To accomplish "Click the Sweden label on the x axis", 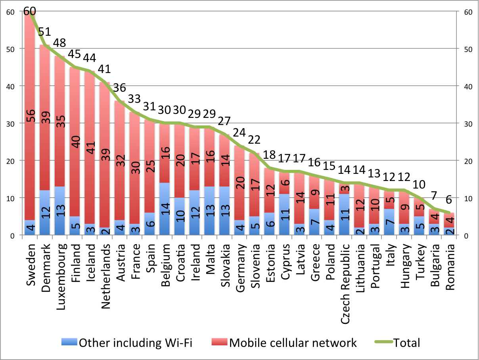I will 31,264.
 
